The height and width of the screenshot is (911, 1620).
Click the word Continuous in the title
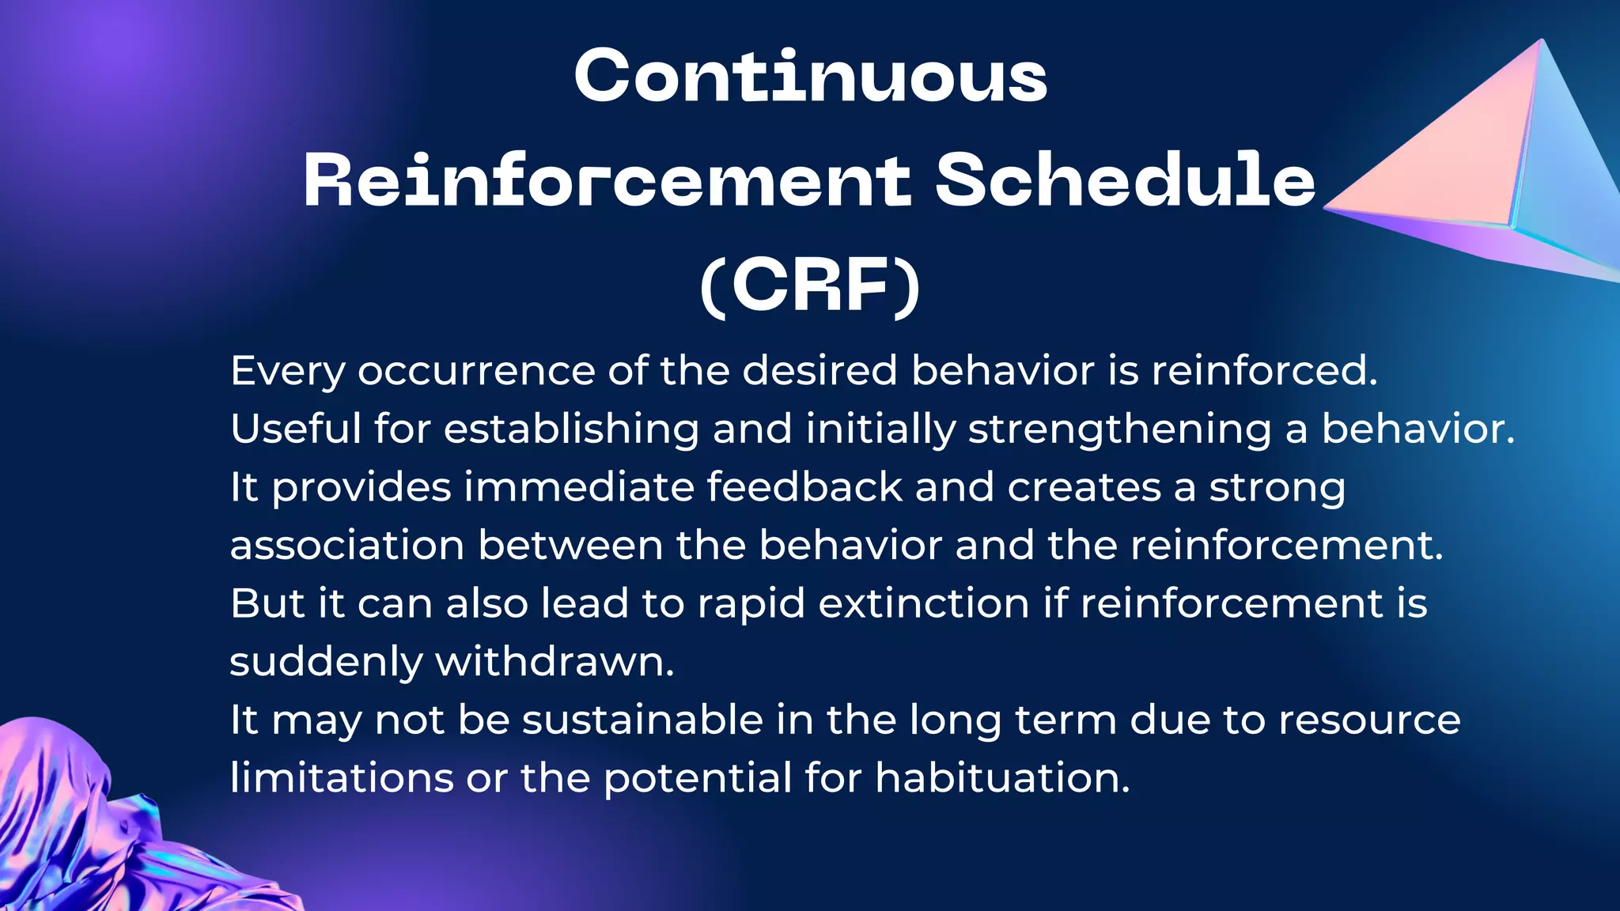[x=810, y=76]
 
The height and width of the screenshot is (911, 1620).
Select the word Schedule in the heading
[x=1125, y=180]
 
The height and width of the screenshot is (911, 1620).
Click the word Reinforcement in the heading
[x=607, y=180]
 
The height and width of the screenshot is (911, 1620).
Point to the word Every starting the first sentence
[x=287, y=372]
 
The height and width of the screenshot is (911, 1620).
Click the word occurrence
[x=476, y=372]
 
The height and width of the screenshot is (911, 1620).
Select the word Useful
[x=295, y=429]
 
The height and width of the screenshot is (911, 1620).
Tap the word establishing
[x=571, y=429]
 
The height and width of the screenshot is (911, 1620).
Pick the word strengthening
[x=1119, y=429]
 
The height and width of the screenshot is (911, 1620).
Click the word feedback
[x=804, y=487]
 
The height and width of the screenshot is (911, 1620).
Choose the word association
[x=346, y=546]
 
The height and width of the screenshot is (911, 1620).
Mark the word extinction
[x=923, y=603]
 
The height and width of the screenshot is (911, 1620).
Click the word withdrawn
[x=554, y=662]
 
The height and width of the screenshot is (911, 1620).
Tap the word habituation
[x=1002, y=778]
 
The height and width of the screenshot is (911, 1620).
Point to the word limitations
[x=341, y=778]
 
